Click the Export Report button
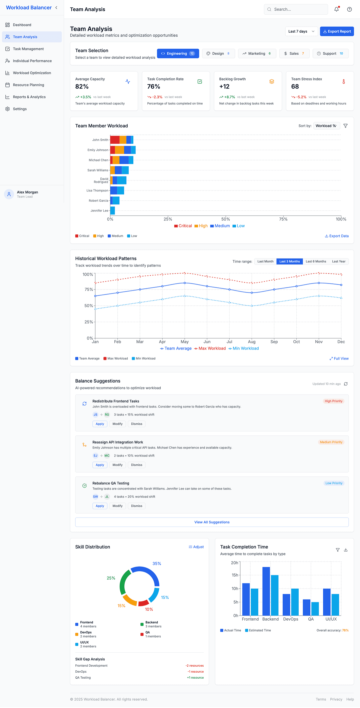point(337,31)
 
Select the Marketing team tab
point(257,53)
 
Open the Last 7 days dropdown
point(301,31)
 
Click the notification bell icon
point(336,9)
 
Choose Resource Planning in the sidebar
point(28,85)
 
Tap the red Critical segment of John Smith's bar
point(115,140)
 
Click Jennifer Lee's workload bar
point(113,210)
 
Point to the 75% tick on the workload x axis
point(283,219)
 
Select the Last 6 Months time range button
point(316,261)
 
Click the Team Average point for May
point(185,283)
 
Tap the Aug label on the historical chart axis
point(252,342)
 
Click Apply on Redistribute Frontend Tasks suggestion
point(100,424)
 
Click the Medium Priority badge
point(331,442)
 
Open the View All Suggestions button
point(212,522)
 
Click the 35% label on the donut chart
point(157,564)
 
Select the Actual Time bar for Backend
point(266,591)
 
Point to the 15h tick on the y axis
point(235,575)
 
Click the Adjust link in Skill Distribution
point(196,547)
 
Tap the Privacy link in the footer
point(336,699)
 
